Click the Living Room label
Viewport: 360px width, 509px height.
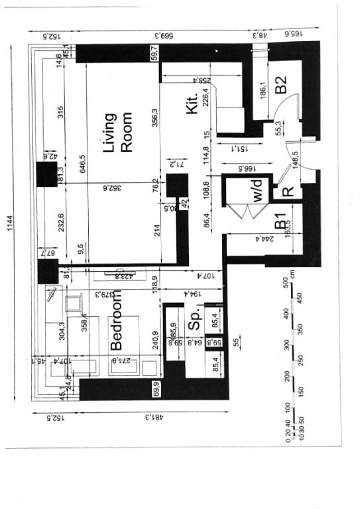click(x=118, y=133)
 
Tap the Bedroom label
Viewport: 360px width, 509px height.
click(x=117, y=324)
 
